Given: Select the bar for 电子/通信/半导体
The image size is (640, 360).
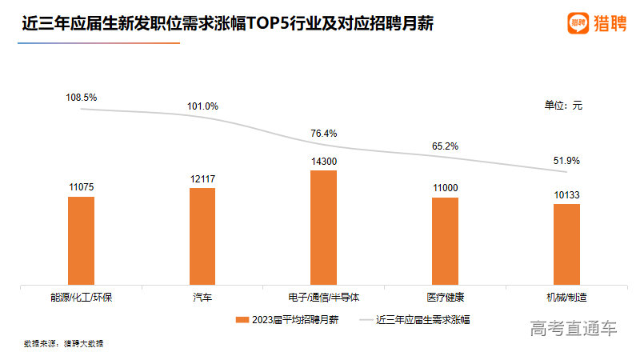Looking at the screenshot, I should click(x=324, y=226).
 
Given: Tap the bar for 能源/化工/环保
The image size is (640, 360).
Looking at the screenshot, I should click(x=81, y=239).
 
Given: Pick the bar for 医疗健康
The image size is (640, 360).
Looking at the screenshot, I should click(x=445, y=240).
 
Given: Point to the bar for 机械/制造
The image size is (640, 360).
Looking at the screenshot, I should click(x=566, y=243).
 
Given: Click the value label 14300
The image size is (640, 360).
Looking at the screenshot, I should click(x=324, y=161).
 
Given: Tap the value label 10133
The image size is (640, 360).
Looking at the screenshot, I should click(x=566, y=194).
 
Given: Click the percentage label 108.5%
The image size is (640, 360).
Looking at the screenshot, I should click(x=81, y=97).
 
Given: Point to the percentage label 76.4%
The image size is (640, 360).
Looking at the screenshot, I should click(x=324, y=133).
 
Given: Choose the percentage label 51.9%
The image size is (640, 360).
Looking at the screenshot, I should click(x=566, y=161).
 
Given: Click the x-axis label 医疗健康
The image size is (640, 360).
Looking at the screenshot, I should click(x=445, y=297).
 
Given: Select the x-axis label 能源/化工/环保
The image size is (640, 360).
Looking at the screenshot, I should click(x=81, y=297).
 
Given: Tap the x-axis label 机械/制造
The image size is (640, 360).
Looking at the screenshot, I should click(x=566, y=297).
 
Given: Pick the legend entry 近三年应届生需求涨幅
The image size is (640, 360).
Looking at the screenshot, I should click(x=416, y=319).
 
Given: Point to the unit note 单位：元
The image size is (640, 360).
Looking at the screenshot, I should click(x=563, y=105).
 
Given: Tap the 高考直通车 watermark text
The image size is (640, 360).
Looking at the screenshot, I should click(x=574, y=328).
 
